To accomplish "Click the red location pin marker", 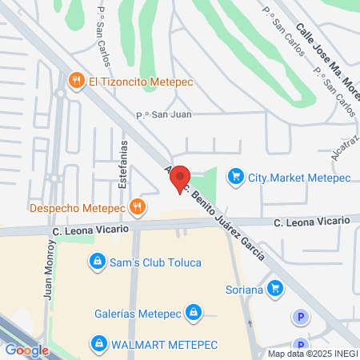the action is pyautogui.click(x=180, y=179).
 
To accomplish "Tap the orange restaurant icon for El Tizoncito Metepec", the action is pyautogui.click(x=77, y=80).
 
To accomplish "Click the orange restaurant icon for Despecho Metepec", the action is pyautogui.click(x=138, y=207).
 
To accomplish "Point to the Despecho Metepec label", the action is pyautogui.click(x=78, y=208).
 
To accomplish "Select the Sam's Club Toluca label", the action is pyautogui.click(x=156, y=262).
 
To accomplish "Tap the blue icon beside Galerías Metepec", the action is pyautogui.click(x=193, y=311).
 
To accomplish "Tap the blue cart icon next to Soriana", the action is pyautogui.click(x=275, y=287).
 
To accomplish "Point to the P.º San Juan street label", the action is pyautogui.click(x=163, y=114).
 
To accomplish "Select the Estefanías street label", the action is pyautogui.click(x=123, y=171).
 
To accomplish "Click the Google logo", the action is pyautogui.click(x=26, y=350).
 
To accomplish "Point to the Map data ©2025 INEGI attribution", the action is pyautogui.click(x=312, y=354).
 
